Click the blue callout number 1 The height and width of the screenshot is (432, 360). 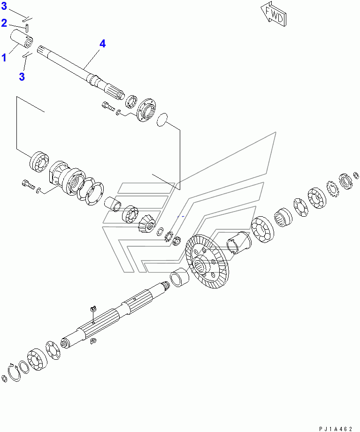tap(4, 58)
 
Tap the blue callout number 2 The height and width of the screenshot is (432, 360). tap(4, 23)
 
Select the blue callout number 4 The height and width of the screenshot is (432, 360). tap(102, 44)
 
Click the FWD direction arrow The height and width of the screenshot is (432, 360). tap(273, 15)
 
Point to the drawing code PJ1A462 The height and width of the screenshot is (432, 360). tap(336, 429)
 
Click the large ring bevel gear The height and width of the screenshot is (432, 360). tap(207, 261)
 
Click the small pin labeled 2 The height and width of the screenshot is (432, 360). tap(27, 28)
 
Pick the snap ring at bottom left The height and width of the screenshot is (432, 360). tap(14, 372)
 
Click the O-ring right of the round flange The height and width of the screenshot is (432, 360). tap(162, 120)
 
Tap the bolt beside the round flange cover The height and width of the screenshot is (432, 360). tap(108, 106)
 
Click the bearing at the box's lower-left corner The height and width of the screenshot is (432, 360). tap(39, 162)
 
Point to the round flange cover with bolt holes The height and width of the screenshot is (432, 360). tap(146, 110)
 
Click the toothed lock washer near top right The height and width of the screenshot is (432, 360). tap(332, 188)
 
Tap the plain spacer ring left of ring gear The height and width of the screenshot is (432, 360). tap(179, 277)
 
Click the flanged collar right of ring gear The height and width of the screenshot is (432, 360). tap(239, 243)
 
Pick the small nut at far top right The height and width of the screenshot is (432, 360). tap(356, 175)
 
